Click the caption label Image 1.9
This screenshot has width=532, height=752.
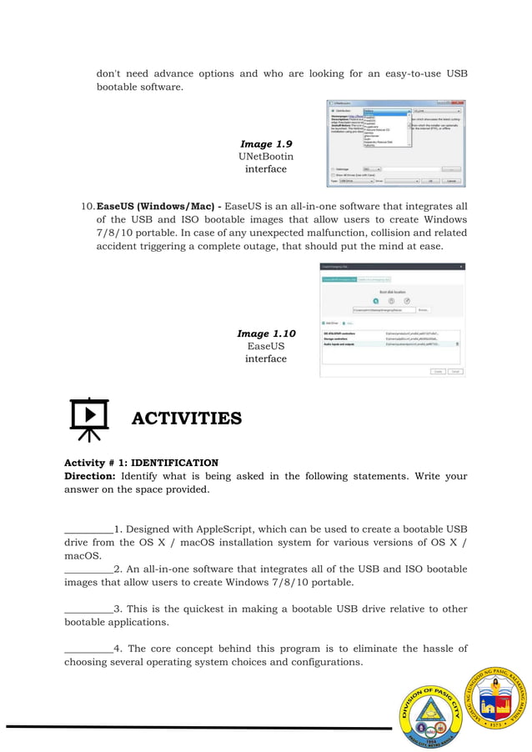[265, 144]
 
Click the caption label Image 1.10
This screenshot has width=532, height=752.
[265, 333]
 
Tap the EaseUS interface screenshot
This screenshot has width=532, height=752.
[392, 319]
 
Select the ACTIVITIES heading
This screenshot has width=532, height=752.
[186, 419]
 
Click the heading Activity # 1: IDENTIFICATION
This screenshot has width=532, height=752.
[141, 463]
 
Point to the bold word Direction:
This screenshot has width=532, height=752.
[90, 476]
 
